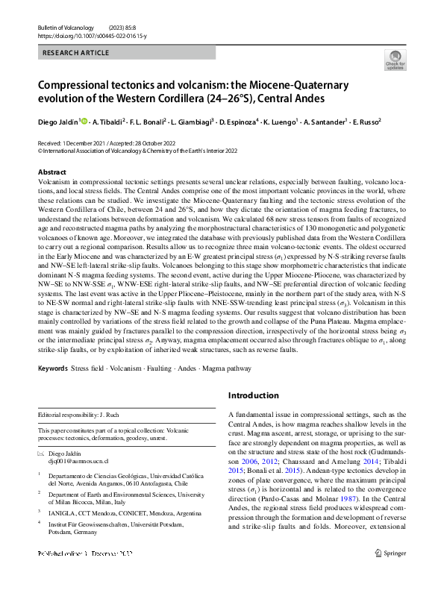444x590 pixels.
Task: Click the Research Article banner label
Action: [77, 53]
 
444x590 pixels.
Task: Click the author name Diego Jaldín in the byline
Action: [57, 121]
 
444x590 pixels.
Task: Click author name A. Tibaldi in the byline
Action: [109, 121]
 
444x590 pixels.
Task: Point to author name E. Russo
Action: [366, 121]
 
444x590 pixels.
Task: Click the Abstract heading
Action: [51, 172]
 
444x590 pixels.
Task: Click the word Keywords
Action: [53, 368]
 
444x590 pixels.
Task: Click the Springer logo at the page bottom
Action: [391, 574]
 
